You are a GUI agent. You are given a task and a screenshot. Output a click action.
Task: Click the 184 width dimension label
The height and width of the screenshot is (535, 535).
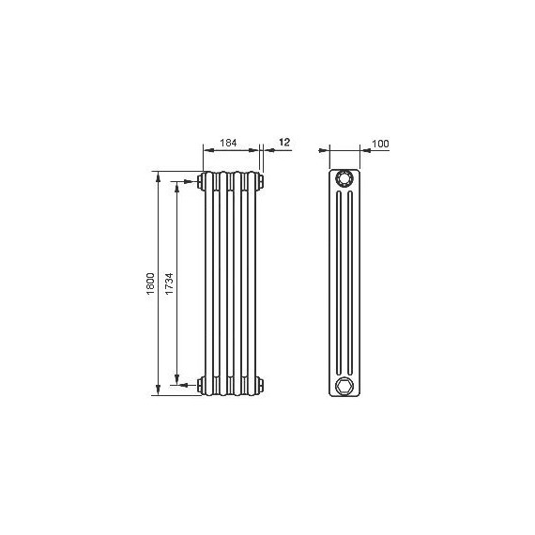click(x=228, y=143)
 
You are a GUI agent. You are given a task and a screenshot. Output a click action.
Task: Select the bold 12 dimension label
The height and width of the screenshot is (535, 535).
click(x=284, y=142)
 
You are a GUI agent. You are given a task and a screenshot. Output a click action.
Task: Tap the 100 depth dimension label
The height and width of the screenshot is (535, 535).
click(x=380, y=144)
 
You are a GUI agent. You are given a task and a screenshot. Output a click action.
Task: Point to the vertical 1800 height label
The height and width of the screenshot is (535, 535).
click(x=150, y=283)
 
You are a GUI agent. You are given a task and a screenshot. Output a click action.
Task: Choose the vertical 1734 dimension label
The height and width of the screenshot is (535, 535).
click(x=169, y=283)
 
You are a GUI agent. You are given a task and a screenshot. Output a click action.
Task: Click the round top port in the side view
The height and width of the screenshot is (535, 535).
click(x=344, y=178)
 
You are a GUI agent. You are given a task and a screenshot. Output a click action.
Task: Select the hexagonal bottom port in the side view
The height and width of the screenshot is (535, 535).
click(x=344, y=387)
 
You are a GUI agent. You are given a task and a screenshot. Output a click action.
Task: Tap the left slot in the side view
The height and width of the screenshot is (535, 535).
click(x=339, y=283)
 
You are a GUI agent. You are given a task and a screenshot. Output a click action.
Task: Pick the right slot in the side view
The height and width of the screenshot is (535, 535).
click(x=350, y=283)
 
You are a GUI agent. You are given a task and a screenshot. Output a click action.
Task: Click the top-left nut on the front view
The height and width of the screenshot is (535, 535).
click(x=200, y=181)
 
